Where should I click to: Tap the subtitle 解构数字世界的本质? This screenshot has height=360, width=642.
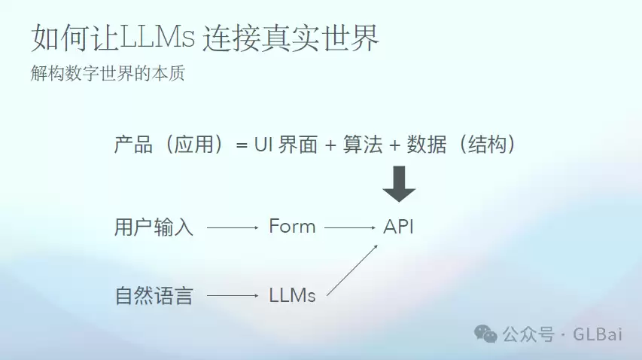[x=108, y=73]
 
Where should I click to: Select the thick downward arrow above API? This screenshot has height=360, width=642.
[x=399, y=184]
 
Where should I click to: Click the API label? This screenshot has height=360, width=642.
[x=398, y=227]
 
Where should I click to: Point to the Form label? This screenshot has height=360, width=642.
[x=292, y=226]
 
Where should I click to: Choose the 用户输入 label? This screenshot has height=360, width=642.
[x=154, y=227]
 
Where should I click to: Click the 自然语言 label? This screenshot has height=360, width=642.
[x=154, y=295]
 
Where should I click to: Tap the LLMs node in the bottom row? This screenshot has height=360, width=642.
[x=292, y=295]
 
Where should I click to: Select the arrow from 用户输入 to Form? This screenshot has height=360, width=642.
[x=233, y=227]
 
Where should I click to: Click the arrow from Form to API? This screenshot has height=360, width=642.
[x=350, y=227]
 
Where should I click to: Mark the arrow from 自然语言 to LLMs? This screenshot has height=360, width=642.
[x=233, y=295]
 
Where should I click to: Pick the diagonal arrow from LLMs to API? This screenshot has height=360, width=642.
[x=352, y=270]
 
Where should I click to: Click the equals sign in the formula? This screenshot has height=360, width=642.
[x=242, y=145]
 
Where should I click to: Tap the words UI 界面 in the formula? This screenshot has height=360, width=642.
[x=286, y=145]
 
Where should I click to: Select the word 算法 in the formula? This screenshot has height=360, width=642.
[x=363, y=145]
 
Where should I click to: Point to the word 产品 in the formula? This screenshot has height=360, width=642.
[x=133, y=145]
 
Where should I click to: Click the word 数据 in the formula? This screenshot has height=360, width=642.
[x=427, y=145]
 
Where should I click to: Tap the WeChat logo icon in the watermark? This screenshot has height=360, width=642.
[x=485, y=334]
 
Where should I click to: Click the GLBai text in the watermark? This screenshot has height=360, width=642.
[x=598, y=334]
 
